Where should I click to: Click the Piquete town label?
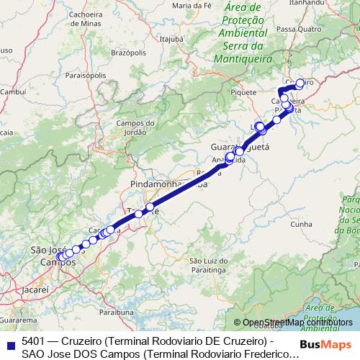[x=241, y=92]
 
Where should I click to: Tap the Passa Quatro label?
[x=297, y=29]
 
